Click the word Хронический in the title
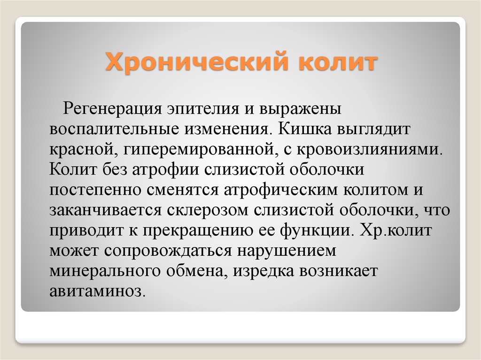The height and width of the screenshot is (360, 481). (197, 62)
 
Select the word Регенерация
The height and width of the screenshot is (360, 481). (112, 109)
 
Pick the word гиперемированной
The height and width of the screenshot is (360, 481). (199, 150)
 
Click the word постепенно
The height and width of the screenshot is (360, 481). (95, 190)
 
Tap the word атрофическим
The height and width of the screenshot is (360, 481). (281, 190)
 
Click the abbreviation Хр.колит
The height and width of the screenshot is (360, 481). (396, 230)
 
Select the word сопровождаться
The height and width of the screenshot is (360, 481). (168, 251)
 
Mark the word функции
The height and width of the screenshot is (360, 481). (315, 230)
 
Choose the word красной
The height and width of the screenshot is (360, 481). (84, 150)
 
